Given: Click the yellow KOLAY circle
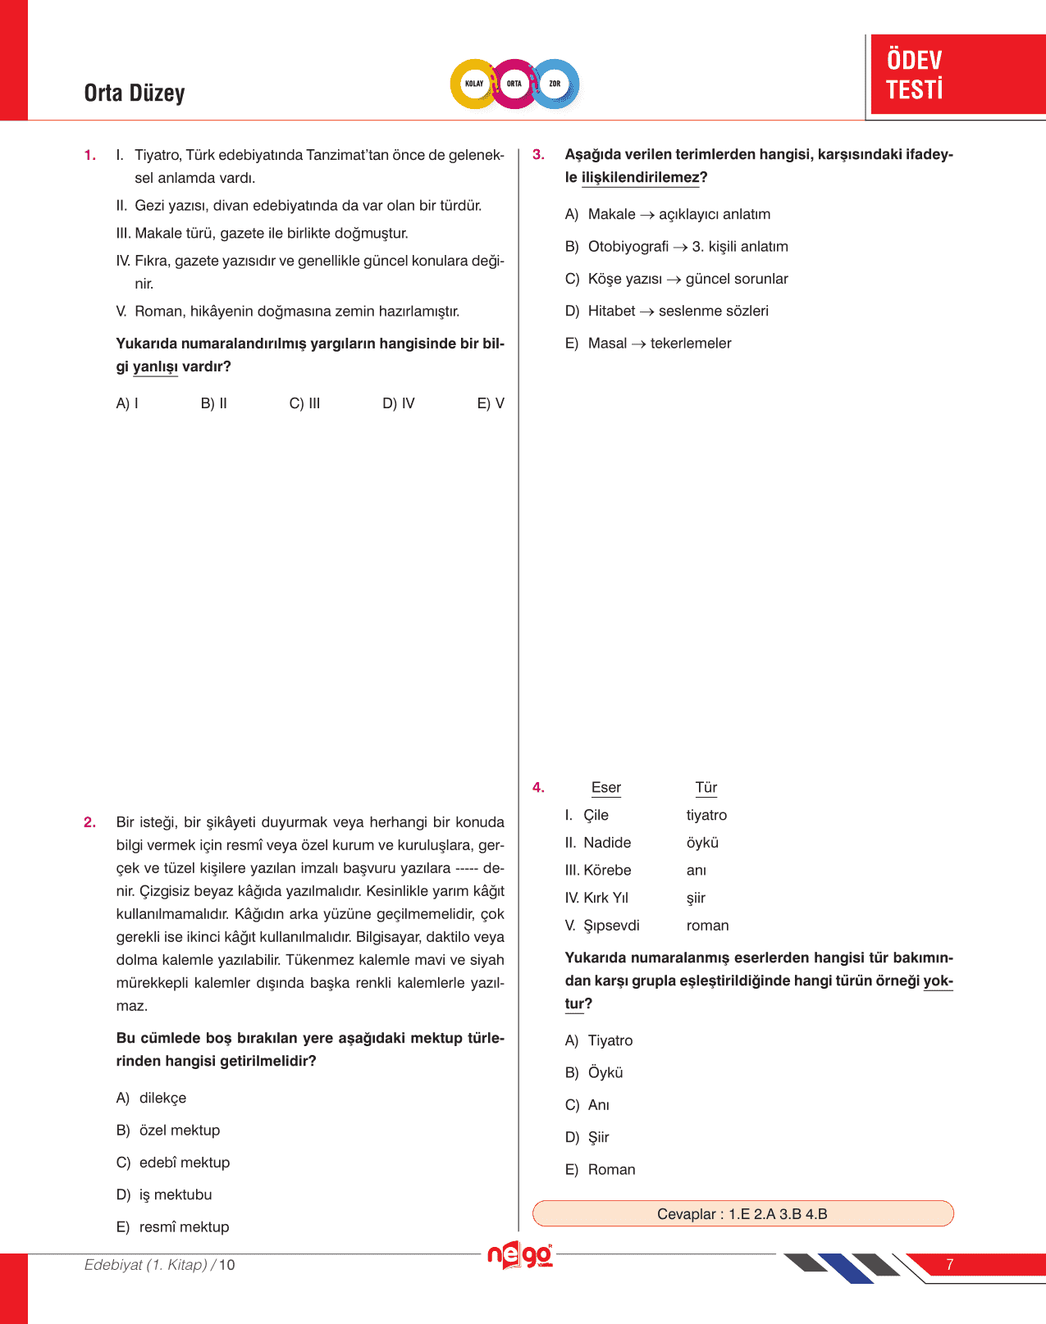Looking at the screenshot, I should coord(474,84).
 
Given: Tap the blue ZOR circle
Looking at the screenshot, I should coord(555,84).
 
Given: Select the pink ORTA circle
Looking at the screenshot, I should coord(514,84).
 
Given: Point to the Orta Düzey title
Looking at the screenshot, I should coord(135,93).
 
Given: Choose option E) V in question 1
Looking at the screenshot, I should coord(491,403).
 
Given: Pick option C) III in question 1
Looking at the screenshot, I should coord(304,403).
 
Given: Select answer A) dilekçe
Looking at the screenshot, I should coord(152,1098).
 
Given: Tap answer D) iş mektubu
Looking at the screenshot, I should coord(164,1194).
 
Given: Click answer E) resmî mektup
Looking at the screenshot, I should coord(173,1226).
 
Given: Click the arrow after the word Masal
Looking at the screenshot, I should coord(638,344).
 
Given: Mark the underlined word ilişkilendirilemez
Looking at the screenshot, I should coord(640,178).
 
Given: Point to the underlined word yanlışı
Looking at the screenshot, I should coord(155,366).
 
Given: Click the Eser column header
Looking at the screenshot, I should coord(606,788).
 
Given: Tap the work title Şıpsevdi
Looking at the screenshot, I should coord(611,926).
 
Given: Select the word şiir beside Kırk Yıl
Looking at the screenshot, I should coord(696,898).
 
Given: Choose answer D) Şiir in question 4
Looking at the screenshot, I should coord(587,1137).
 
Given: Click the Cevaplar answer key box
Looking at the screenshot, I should coord(742,1213).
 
